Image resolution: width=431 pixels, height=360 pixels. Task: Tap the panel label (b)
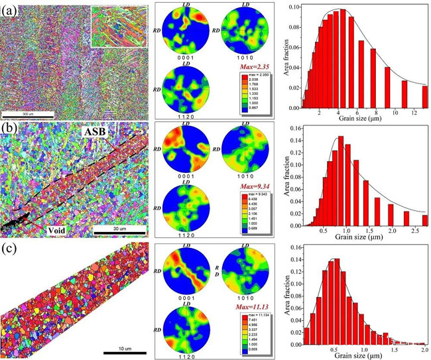tap(9, 129)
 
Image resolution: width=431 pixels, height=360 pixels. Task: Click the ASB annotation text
tap(95, 133)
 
